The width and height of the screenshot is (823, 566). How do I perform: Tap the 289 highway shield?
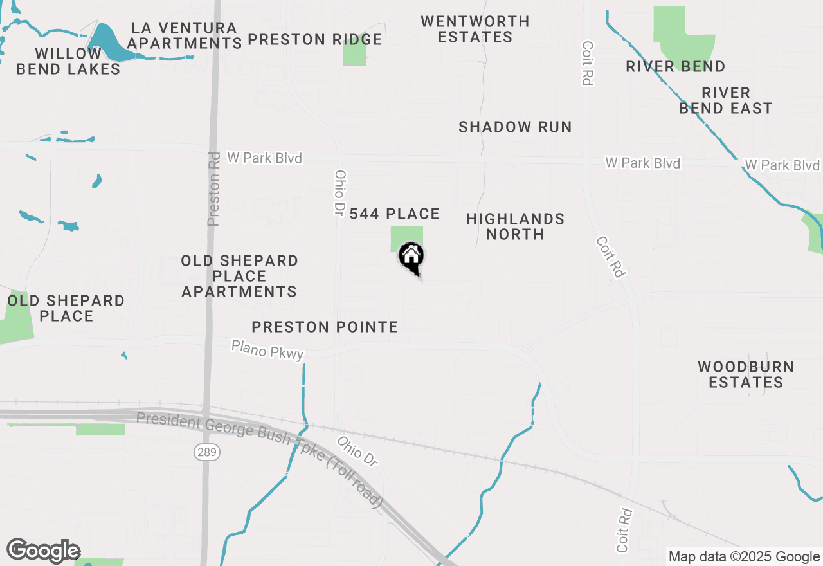[x=207, y=452]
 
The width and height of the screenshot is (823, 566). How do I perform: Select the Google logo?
[x=43, y=551]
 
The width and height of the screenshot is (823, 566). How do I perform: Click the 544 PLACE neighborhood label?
[x=394, y=214]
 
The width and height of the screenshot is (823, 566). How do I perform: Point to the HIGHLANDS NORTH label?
[x=515, y=226]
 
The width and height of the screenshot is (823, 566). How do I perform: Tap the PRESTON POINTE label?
[x=325, y=327]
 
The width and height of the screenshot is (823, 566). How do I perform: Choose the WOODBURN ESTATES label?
[x=746, y=374]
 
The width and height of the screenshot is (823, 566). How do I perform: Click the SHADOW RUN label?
[x=515, y=127]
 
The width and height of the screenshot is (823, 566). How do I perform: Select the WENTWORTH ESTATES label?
[x=475, y=29]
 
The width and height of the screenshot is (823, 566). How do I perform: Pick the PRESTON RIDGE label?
[x=315, y=39]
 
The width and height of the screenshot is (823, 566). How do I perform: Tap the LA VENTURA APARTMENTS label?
[x=185, y=35]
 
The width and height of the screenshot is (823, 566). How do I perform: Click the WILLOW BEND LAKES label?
[x=68, y=61]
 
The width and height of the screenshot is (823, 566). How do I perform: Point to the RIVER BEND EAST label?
[x=726, y=100]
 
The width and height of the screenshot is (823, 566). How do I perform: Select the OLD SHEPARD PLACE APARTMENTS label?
[x=239, y=276]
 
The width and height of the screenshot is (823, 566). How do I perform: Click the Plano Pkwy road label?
[x=267, y=350]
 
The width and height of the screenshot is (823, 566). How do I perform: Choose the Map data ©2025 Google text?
[x=744, y=556]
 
